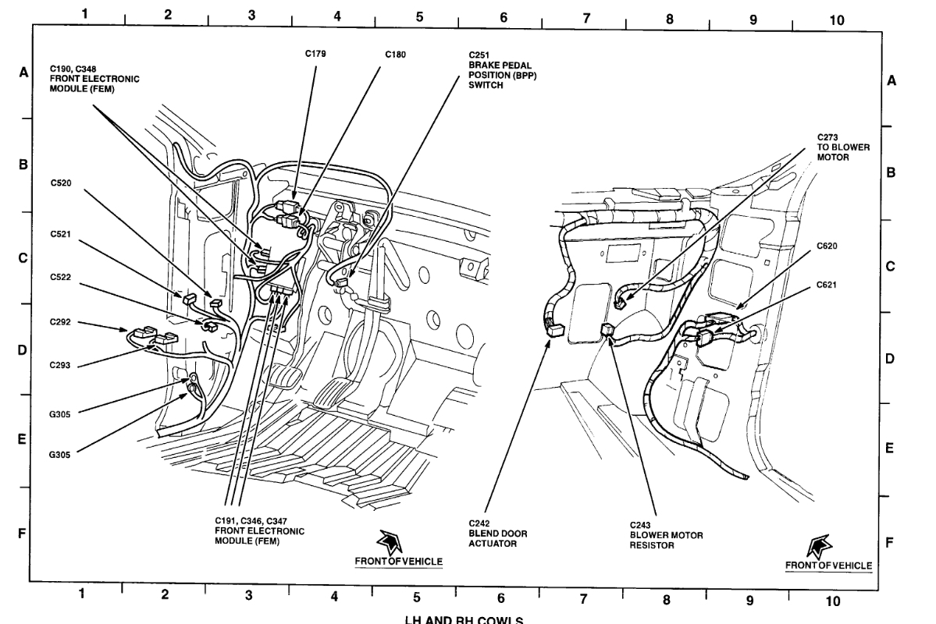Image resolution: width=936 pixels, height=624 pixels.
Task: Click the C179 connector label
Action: point(315,54)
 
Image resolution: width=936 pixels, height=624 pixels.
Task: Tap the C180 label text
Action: point(395,55)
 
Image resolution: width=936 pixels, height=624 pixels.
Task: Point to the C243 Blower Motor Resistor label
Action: point(666,535)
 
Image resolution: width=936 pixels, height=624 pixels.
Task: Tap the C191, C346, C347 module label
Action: point(259,531)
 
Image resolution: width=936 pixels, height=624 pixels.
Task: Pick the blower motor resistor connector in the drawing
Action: point(607,329)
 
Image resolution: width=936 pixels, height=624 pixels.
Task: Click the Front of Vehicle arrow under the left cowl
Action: point(387,543)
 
